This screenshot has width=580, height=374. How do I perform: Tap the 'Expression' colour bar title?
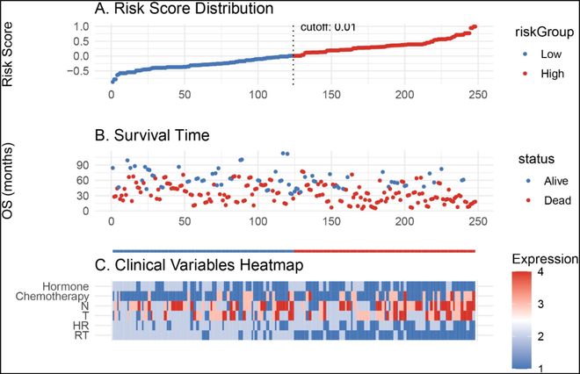click(x=542, y=260)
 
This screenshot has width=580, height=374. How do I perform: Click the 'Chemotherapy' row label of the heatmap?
click(x=75, y=295)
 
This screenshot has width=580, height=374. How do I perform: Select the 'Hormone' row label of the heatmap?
click(x=87, y=284)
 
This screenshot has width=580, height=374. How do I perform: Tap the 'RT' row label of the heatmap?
click(x=104, y=334)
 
